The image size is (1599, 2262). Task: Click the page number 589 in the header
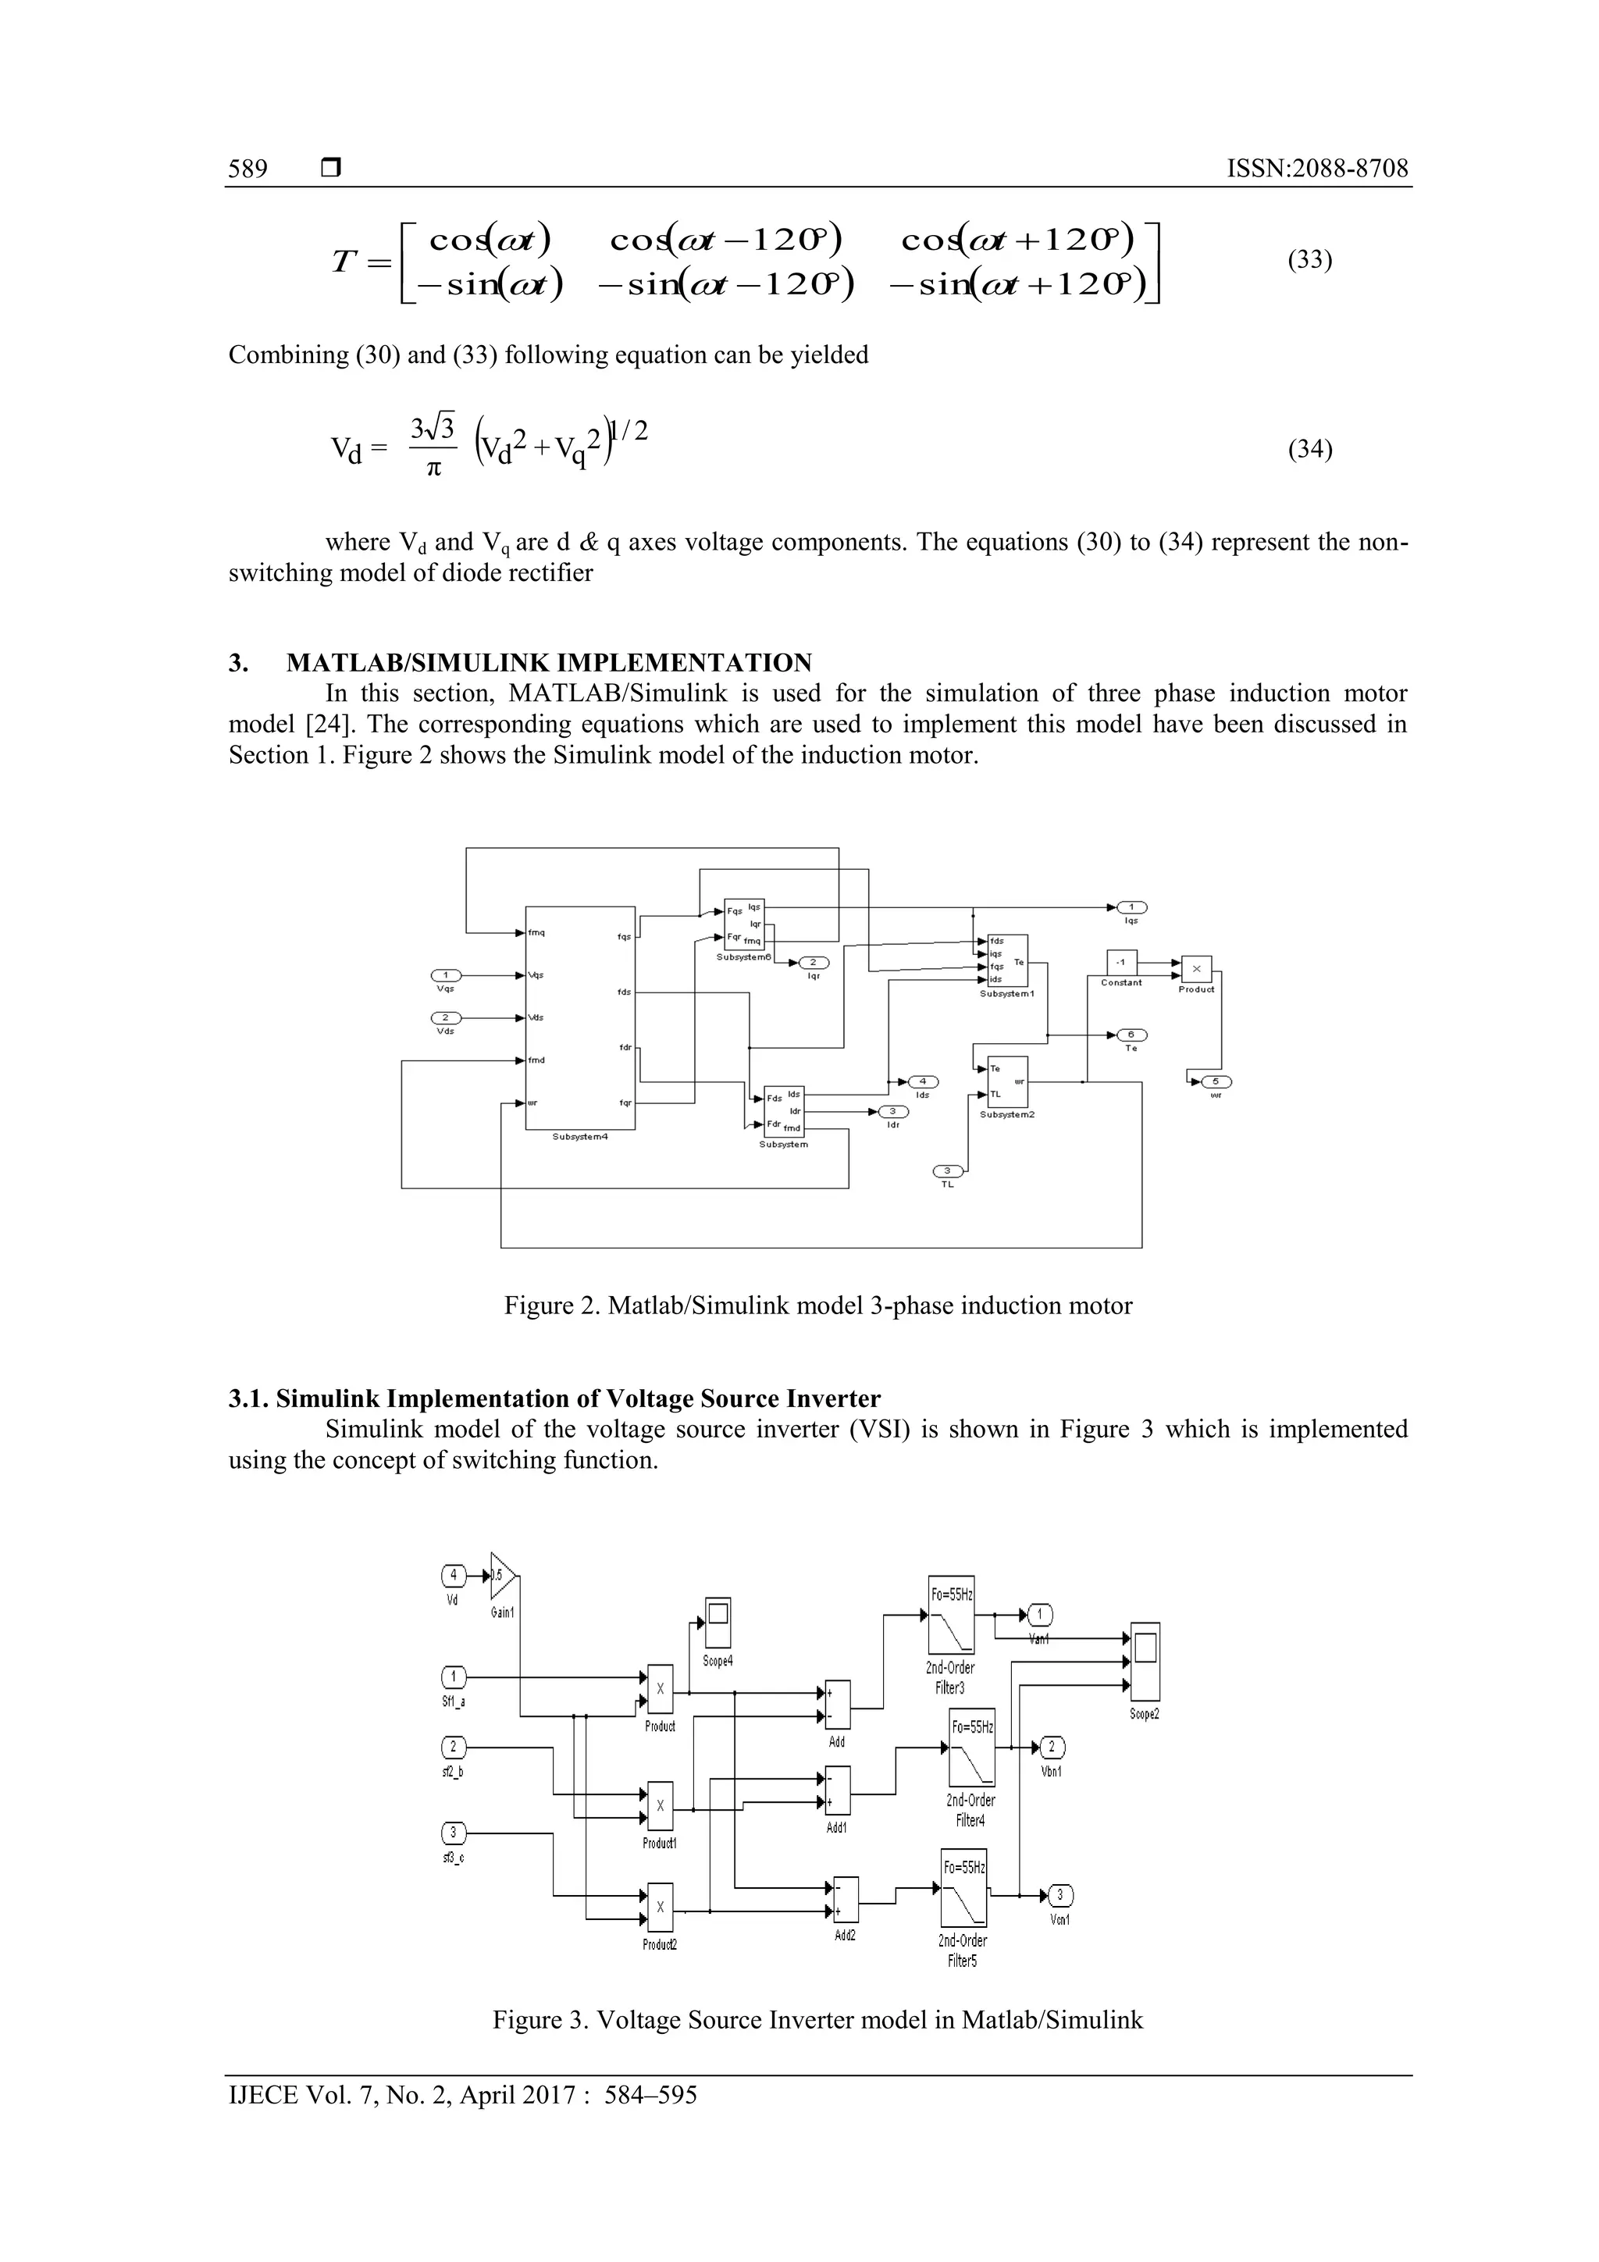[248, 169]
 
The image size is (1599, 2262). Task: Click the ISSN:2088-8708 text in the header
[1316, 169]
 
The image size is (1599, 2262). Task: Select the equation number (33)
[1309, 260]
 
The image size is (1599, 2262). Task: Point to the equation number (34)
[1309, 449]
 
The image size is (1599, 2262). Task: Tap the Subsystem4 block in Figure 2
[580, 1017]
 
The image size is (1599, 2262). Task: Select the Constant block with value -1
[1121, 963]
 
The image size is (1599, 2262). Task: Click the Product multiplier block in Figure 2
[1196, 968]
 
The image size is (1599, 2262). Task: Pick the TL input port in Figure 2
[948, 1170]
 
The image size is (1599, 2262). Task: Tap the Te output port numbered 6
[1131, 1035]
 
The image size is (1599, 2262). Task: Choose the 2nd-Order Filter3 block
[951, 1615]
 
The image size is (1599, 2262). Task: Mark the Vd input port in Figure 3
[453, 1576]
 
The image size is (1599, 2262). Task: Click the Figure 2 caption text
[817, 1306]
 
